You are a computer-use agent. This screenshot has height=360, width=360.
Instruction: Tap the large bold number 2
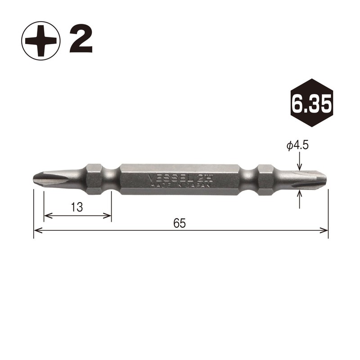pos(81,40)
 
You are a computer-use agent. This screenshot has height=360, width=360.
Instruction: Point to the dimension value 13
pos(77,207)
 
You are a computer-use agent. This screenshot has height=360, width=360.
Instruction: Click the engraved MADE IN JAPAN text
pos(178,184)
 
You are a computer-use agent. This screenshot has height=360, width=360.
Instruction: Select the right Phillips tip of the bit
pos(310,179)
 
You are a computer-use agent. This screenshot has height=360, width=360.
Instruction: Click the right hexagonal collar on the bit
pos(264,179)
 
